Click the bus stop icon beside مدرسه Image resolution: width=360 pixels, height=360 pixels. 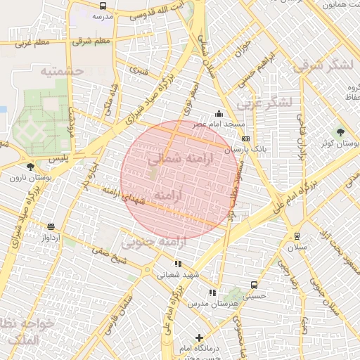[x=103, y=6]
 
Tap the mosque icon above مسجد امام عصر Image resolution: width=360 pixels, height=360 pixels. [x=219, y=114]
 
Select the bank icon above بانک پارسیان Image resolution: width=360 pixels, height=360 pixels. [x=245, y=139]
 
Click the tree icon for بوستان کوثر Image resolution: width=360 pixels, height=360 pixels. [x=341, y=131]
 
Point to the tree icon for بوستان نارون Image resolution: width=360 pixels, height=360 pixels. [x=30, y=167]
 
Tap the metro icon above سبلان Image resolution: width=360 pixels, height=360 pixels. [x=297, y=236]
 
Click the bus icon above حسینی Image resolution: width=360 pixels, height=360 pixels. [x=254, y=285]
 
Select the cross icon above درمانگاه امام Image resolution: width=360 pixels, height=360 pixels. [x=199, y=337]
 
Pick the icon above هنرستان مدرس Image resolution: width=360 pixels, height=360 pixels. [x=212, y=292]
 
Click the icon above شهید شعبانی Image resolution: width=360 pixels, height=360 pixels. [x=178, y=264]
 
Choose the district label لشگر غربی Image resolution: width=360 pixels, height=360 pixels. [x=263, y=103]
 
